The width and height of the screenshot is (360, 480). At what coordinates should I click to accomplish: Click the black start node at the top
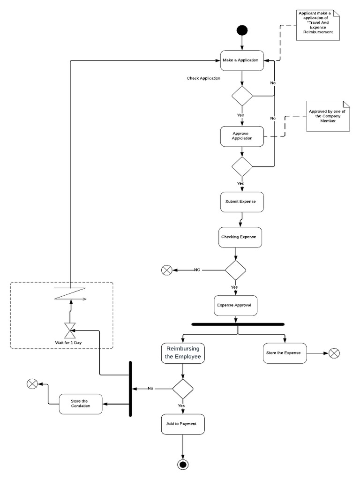(x=242, y=31)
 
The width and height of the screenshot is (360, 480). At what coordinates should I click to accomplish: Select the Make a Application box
(x=242, y=60)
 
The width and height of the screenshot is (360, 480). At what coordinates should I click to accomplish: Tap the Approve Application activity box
(x=242, y=136)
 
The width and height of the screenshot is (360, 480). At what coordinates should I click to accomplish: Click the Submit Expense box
(x=242, y=202)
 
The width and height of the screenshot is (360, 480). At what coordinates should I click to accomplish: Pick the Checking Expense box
(x=240, y=237)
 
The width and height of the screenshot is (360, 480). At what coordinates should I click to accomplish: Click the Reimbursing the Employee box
(x=183, y=353)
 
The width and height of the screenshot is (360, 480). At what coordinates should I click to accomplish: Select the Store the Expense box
(x=285, y=353)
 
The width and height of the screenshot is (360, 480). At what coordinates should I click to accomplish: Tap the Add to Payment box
(x=183, y=424)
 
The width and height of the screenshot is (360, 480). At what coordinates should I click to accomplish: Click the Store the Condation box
(x=81, y=404)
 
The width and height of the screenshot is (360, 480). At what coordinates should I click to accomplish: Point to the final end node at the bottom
(x=183, y=465)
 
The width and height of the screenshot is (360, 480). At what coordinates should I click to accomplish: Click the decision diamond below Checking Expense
(x=235, y=270)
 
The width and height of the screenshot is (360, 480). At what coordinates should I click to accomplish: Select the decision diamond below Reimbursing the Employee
(x=183, y=389)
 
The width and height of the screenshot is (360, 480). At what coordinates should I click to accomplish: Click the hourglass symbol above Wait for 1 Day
(x=70, y=330)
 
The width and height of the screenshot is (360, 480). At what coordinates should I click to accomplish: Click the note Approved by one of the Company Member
(x=327, y=116)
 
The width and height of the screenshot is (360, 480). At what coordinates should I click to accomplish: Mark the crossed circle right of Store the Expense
(x=334, y=353)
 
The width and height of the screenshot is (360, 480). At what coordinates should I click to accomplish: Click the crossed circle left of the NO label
(x=166, y=270)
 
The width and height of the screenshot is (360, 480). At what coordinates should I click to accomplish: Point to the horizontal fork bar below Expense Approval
(x=238, y=324)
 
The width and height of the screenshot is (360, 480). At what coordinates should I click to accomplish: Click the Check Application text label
(x=203, y=78)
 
